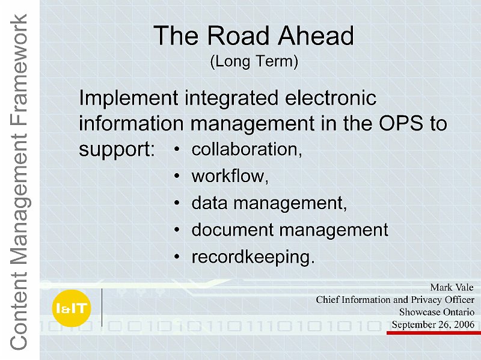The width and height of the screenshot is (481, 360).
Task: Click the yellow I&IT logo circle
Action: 72,308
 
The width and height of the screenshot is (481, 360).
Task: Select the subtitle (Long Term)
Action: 254,61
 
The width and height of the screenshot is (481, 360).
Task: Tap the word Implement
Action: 129,98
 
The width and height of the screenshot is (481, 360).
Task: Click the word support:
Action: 117,150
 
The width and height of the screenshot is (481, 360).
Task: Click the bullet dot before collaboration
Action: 176,149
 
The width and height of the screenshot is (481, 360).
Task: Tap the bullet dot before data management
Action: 176,203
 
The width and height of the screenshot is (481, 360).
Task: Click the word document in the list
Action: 233,230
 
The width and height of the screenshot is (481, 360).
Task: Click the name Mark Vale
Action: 452,287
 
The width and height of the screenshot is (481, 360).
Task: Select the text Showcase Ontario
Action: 437,312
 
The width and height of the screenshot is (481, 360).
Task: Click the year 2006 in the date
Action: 464,325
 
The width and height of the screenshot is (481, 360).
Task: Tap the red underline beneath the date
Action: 434,333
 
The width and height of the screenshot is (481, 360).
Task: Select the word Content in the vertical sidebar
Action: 19,312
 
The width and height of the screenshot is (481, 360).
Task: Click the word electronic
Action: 331,98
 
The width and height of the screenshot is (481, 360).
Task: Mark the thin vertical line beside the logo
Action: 102,308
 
